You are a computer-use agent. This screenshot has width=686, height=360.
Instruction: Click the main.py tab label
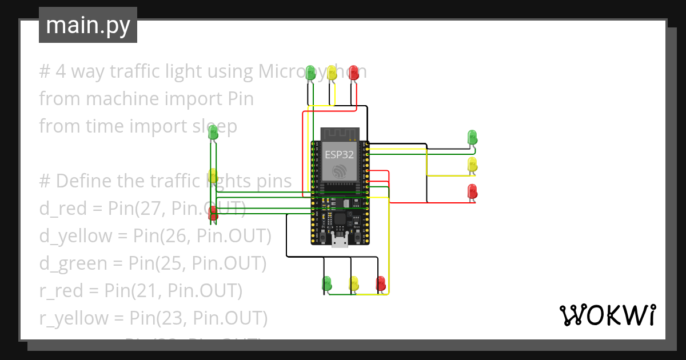coord(87,25)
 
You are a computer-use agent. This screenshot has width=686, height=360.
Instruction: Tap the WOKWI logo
coord(607,315)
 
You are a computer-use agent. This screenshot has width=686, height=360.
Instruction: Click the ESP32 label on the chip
coord(340,154)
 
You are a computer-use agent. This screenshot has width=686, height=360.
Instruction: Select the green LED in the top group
coord(310,73)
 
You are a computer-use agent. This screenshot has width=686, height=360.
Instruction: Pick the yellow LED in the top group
coord(332,73)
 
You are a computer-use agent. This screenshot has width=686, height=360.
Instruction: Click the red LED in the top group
coord(353,73)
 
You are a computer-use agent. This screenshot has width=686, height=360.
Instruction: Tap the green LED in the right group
coord(472,137)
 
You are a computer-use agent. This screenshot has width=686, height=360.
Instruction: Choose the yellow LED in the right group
coord(472,165)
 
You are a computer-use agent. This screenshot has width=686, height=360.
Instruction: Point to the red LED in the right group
coord(472,191)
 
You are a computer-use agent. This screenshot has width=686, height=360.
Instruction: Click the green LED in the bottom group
coord(327,282)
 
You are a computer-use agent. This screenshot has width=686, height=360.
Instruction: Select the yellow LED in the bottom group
coord(354,282)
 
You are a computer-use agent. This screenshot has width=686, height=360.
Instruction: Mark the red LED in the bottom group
coord(380,282)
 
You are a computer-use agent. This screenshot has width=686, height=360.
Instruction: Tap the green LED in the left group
coord(213,133)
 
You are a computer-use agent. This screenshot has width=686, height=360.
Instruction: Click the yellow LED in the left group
coord(213,175)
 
